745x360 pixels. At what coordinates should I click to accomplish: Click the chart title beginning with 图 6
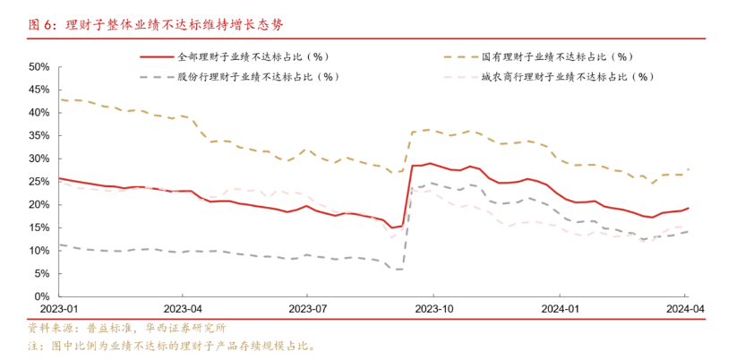coord(156,26)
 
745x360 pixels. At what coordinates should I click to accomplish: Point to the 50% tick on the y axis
coord(39,67)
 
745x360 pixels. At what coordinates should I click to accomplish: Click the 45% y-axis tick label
coord(39,90)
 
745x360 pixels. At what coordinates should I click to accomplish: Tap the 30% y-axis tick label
coord(39,159)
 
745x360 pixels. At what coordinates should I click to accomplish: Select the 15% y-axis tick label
coord(39,227)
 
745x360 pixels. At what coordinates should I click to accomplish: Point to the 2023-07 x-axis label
coord(307,308)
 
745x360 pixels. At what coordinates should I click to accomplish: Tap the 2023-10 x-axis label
coord(433,308)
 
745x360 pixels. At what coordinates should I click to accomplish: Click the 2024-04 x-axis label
coord(685,308)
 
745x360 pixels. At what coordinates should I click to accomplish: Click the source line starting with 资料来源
coord(127,328)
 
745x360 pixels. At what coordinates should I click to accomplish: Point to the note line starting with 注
coord(172,346)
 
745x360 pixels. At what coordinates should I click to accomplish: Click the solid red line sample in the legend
coord(157,57)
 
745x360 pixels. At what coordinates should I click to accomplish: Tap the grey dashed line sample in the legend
coord(157,77)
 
